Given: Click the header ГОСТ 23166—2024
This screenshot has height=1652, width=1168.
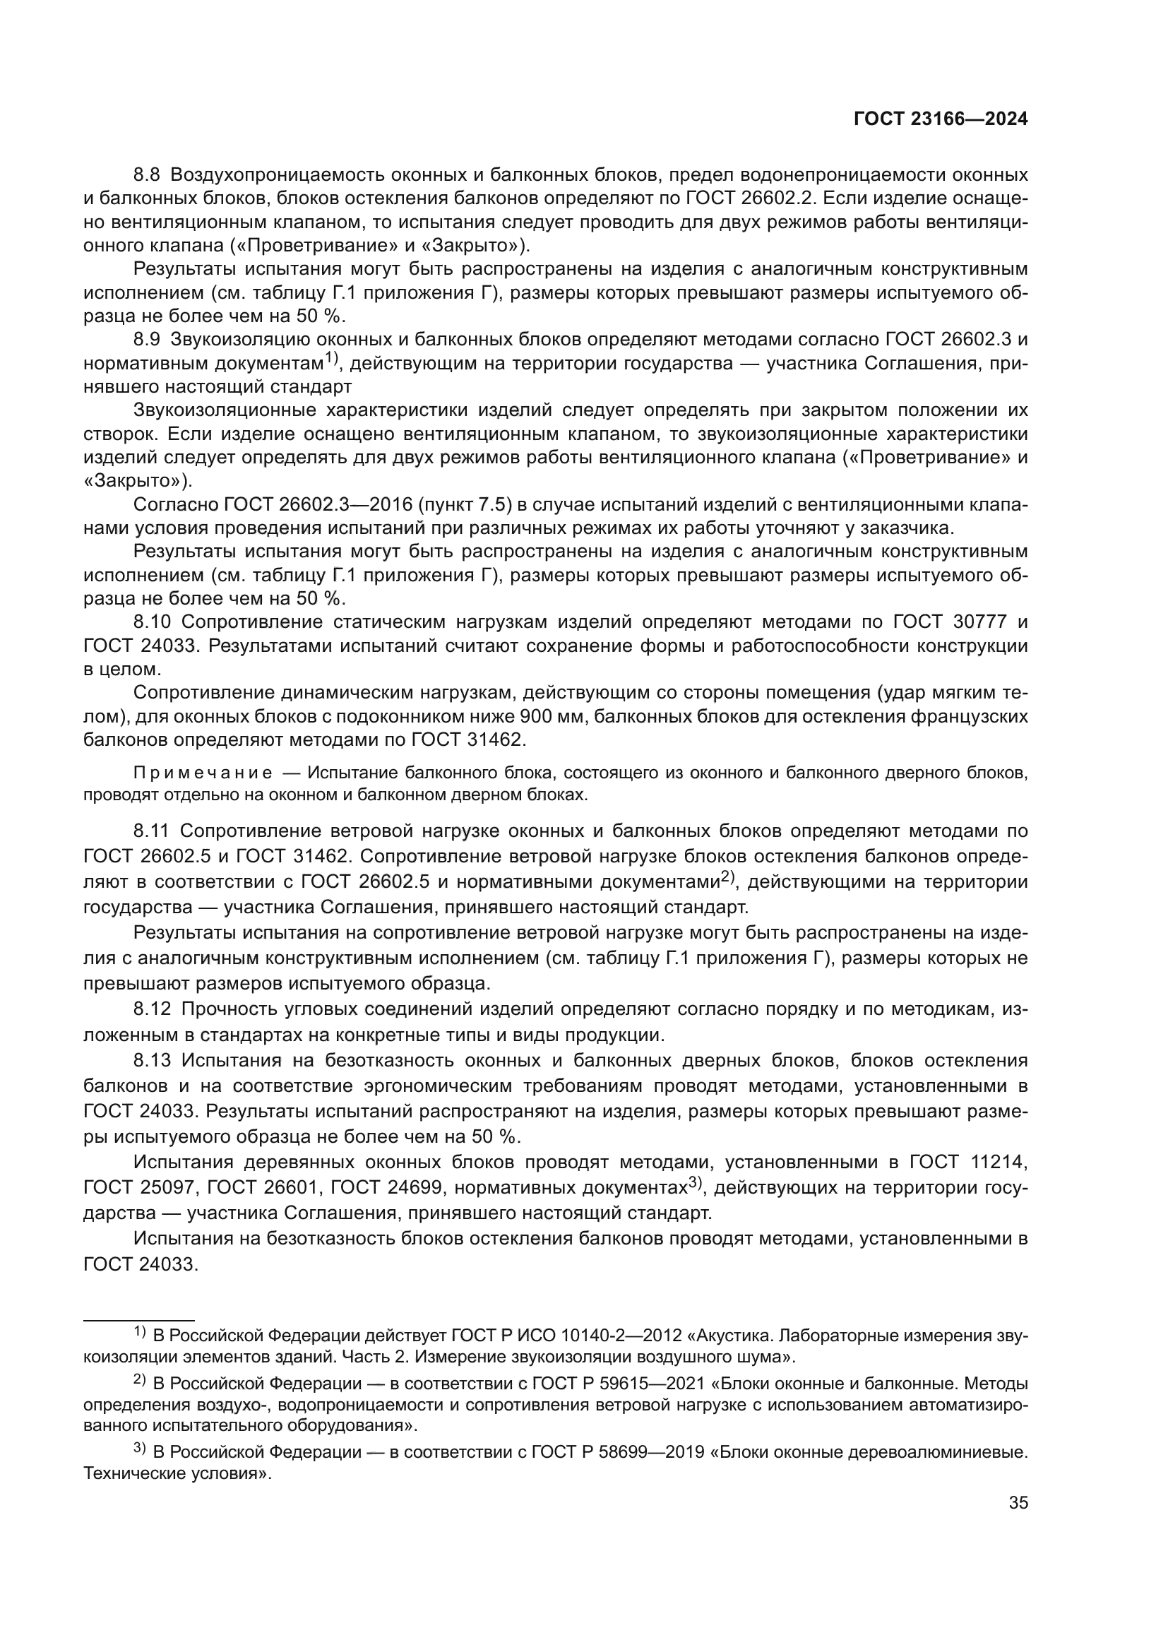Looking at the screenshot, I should coord(940,119).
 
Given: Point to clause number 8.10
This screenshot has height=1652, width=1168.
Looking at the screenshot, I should coord(152,622).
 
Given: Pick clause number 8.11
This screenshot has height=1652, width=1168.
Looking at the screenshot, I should coord(151,831).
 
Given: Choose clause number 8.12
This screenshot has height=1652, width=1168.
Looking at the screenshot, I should coord(152,1009).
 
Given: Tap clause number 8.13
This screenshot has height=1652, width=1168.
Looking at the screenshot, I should coord(152,1060).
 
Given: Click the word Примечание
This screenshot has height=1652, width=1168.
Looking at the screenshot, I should coord(203,773).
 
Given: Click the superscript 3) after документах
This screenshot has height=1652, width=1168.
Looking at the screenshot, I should coord(694,1182).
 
